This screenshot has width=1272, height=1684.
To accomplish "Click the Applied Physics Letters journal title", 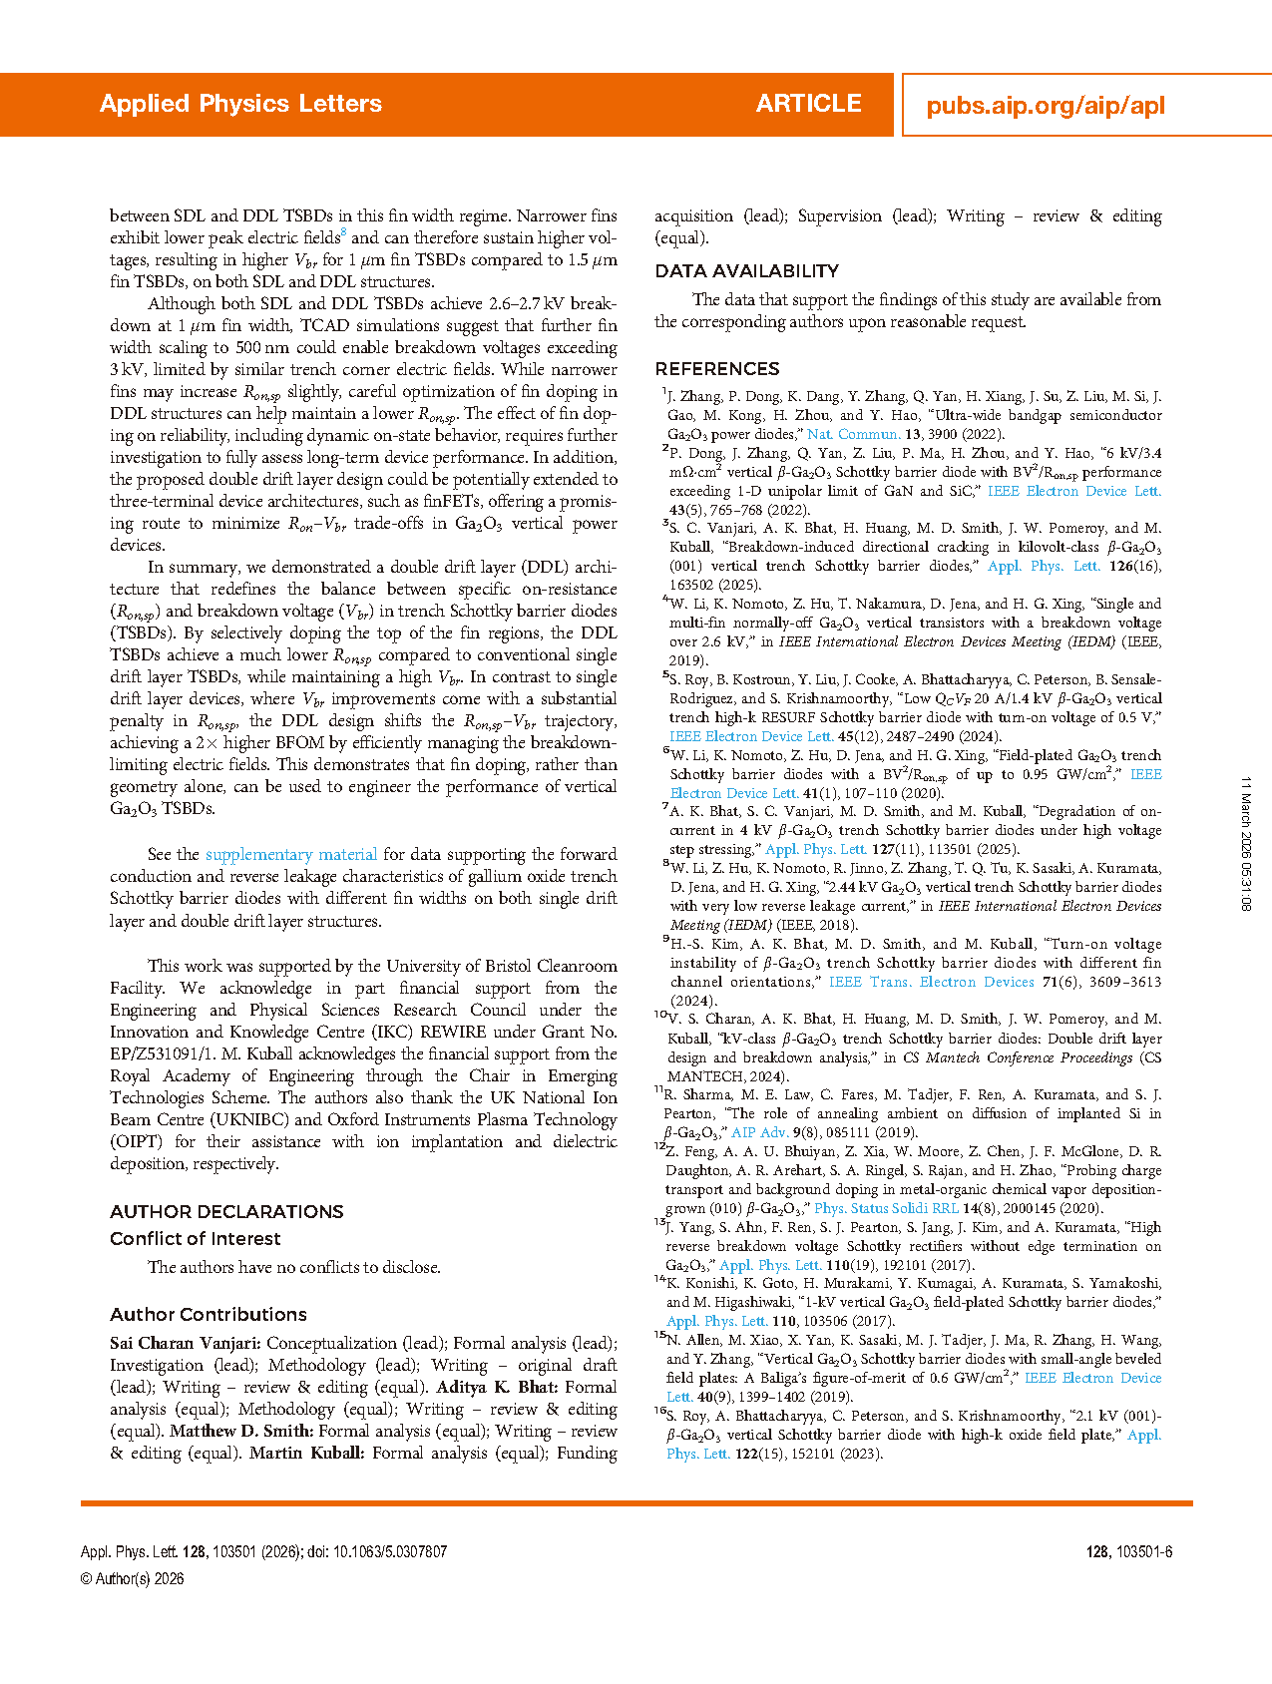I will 240,104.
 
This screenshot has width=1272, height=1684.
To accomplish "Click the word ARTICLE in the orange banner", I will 808,104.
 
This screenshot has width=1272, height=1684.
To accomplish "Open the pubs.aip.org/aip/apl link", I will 1045,106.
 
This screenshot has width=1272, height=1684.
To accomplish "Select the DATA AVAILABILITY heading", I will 746,271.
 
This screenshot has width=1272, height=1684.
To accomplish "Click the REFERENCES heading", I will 716,369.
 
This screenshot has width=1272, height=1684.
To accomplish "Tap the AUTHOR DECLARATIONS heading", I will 226,1212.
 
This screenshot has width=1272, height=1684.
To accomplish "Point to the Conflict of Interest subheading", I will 195,1239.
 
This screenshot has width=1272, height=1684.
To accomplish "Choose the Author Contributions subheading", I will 208,1315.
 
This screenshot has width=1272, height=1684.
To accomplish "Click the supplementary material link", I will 290,855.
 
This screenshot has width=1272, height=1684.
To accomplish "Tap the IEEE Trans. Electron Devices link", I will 931,982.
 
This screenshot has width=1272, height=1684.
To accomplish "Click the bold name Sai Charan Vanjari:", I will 186,1344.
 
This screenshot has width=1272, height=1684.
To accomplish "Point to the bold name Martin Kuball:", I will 306,1454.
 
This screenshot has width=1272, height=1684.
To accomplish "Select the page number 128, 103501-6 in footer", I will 1128,1552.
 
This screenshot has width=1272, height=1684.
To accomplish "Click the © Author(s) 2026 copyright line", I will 132,1579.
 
